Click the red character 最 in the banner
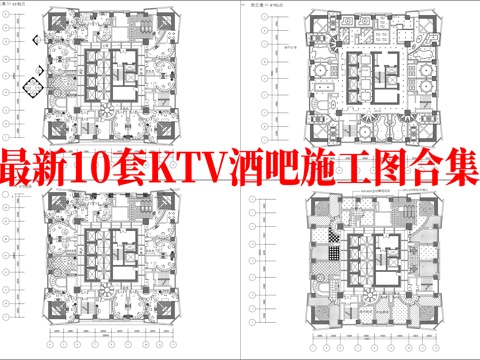click(x=22, y=168)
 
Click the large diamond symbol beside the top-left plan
click(x=36, y=89)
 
